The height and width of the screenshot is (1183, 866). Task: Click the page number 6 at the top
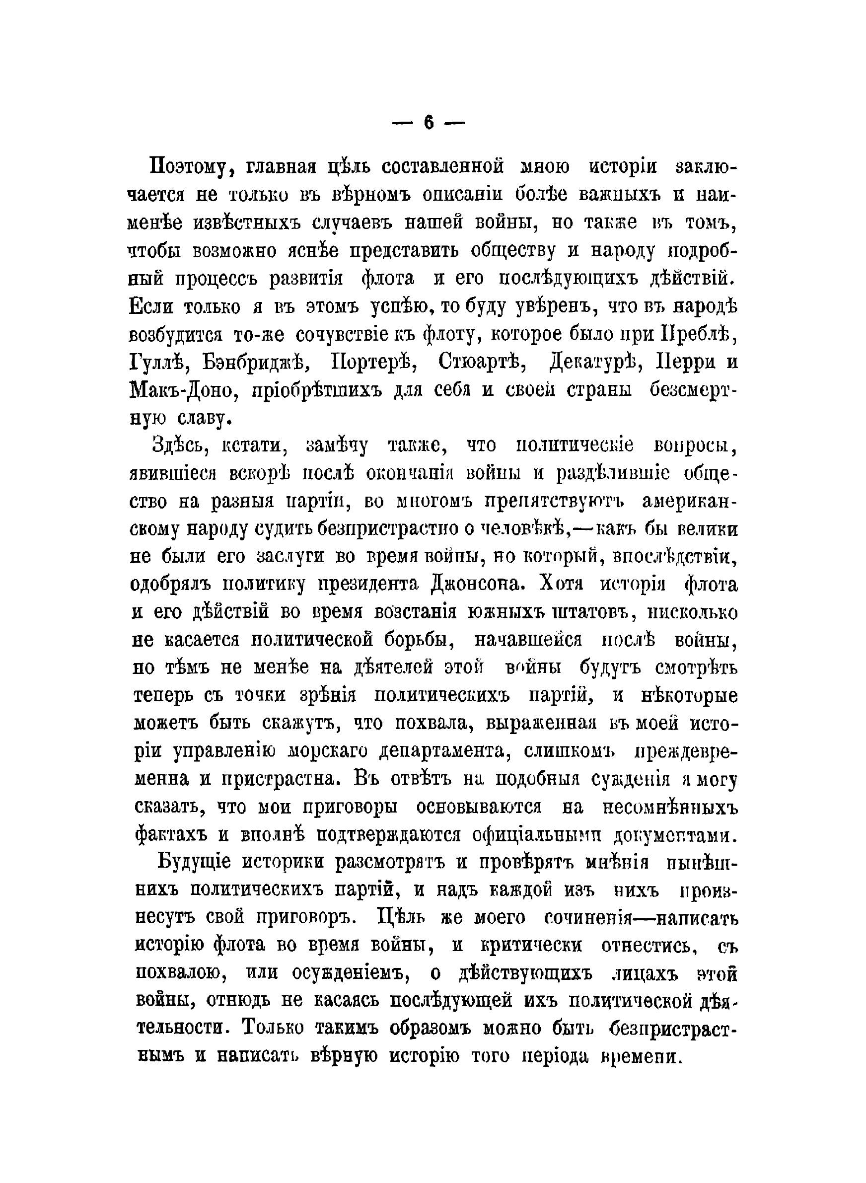pyautogui.click(x=429, y=123)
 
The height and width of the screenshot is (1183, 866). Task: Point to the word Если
pyautogui.click(x=151, y=306)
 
